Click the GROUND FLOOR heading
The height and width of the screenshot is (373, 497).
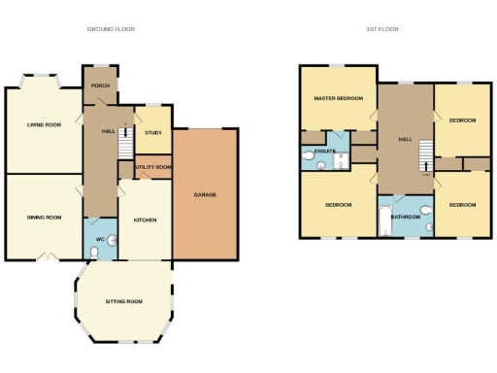111,29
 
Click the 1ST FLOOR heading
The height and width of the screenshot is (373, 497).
382,29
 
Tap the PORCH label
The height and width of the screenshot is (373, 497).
99,85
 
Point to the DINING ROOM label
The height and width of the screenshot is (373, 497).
44,217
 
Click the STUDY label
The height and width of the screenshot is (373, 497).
152,132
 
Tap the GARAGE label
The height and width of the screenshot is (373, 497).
205,195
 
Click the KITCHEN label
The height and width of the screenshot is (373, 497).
144,220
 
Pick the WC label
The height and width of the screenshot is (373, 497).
99,238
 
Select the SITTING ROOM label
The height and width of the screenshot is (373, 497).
123,302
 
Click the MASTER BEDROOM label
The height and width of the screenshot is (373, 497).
337,99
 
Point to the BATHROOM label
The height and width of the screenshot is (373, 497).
405,217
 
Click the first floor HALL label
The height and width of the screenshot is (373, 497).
406,140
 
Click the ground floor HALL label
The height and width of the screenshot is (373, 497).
108,129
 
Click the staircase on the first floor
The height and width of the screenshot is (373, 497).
424,153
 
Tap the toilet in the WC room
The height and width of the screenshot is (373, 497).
93,252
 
